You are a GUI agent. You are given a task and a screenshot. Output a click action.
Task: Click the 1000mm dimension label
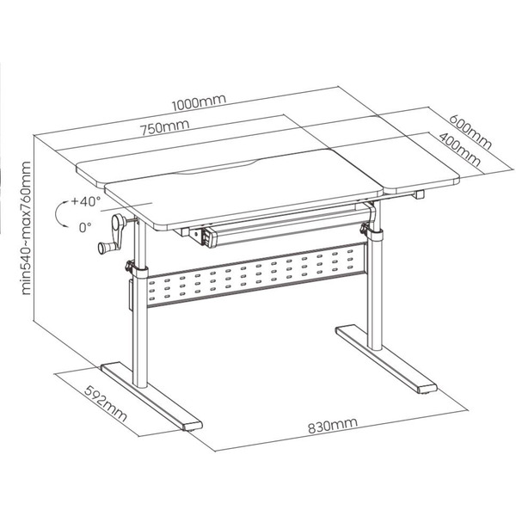(200, 102)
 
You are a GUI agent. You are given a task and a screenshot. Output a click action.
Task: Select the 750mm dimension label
(165, 127)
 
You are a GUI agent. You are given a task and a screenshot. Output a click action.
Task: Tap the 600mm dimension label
(470, 132)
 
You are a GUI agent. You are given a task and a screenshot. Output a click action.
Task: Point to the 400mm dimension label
(460, 150)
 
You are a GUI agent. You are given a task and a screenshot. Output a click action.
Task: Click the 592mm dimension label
(105, 403)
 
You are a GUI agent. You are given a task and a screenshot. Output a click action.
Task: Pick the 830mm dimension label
(332, 426)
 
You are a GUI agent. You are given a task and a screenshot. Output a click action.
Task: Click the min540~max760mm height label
(26, 228)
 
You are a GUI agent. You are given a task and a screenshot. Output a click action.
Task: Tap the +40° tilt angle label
(86, 201)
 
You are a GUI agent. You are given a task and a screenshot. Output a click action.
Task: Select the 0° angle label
(85, 227)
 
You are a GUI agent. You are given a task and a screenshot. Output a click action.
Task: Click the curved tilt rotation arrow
(56, 214)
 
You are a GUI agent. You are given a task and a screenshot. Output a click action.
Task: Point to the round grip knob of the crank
(103, 248)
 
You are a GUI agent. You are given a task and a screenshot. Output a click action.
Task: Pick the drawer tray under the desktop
(283, 226)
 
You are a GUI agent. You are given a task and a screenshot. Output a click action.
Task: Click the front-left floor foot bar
(151, 396)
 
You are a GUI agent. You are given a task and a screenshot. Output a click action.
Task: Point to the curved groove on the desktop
(218, 167)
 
